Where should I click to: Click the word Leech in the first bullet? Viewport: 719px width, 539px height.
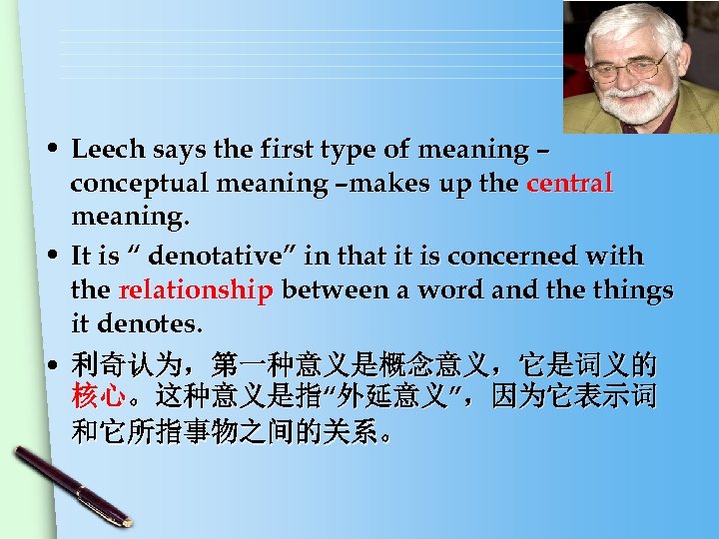(107, 150)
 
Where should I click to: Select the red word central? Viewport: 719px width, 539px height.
(570, 184)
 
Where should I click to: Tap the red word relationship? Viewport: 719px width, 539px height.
(196, 290)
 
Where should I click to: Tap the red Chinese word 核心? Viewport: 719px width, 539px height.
(98, 396)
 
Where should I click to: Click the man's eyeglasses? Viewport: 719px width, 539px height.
(628, 68)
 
